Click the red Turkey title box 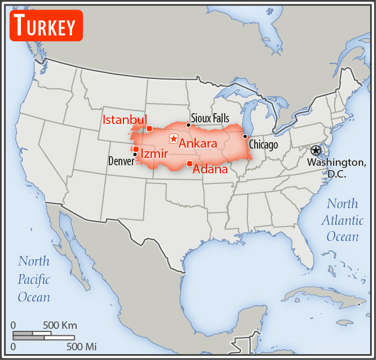(46, 25)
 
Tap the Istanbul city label (124, 119)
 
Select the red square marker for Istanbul (149, 129)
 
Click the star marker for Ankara (173, 138)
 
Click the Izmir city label (154, 154)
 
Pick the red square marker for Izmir (136, 149)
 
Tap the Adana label (210, 170)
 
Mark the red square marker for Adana (189, 163)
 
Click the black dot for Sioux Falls (188, 125)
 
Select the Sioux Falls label (210, 118)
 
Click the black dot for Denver (135, 155)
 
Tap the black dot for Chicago (245, 136)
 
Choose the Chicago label (263, 145)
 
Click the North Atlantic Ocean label (342, 220)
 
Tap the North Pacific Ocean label (34, 279)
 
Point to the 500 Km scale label (60, 325)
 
